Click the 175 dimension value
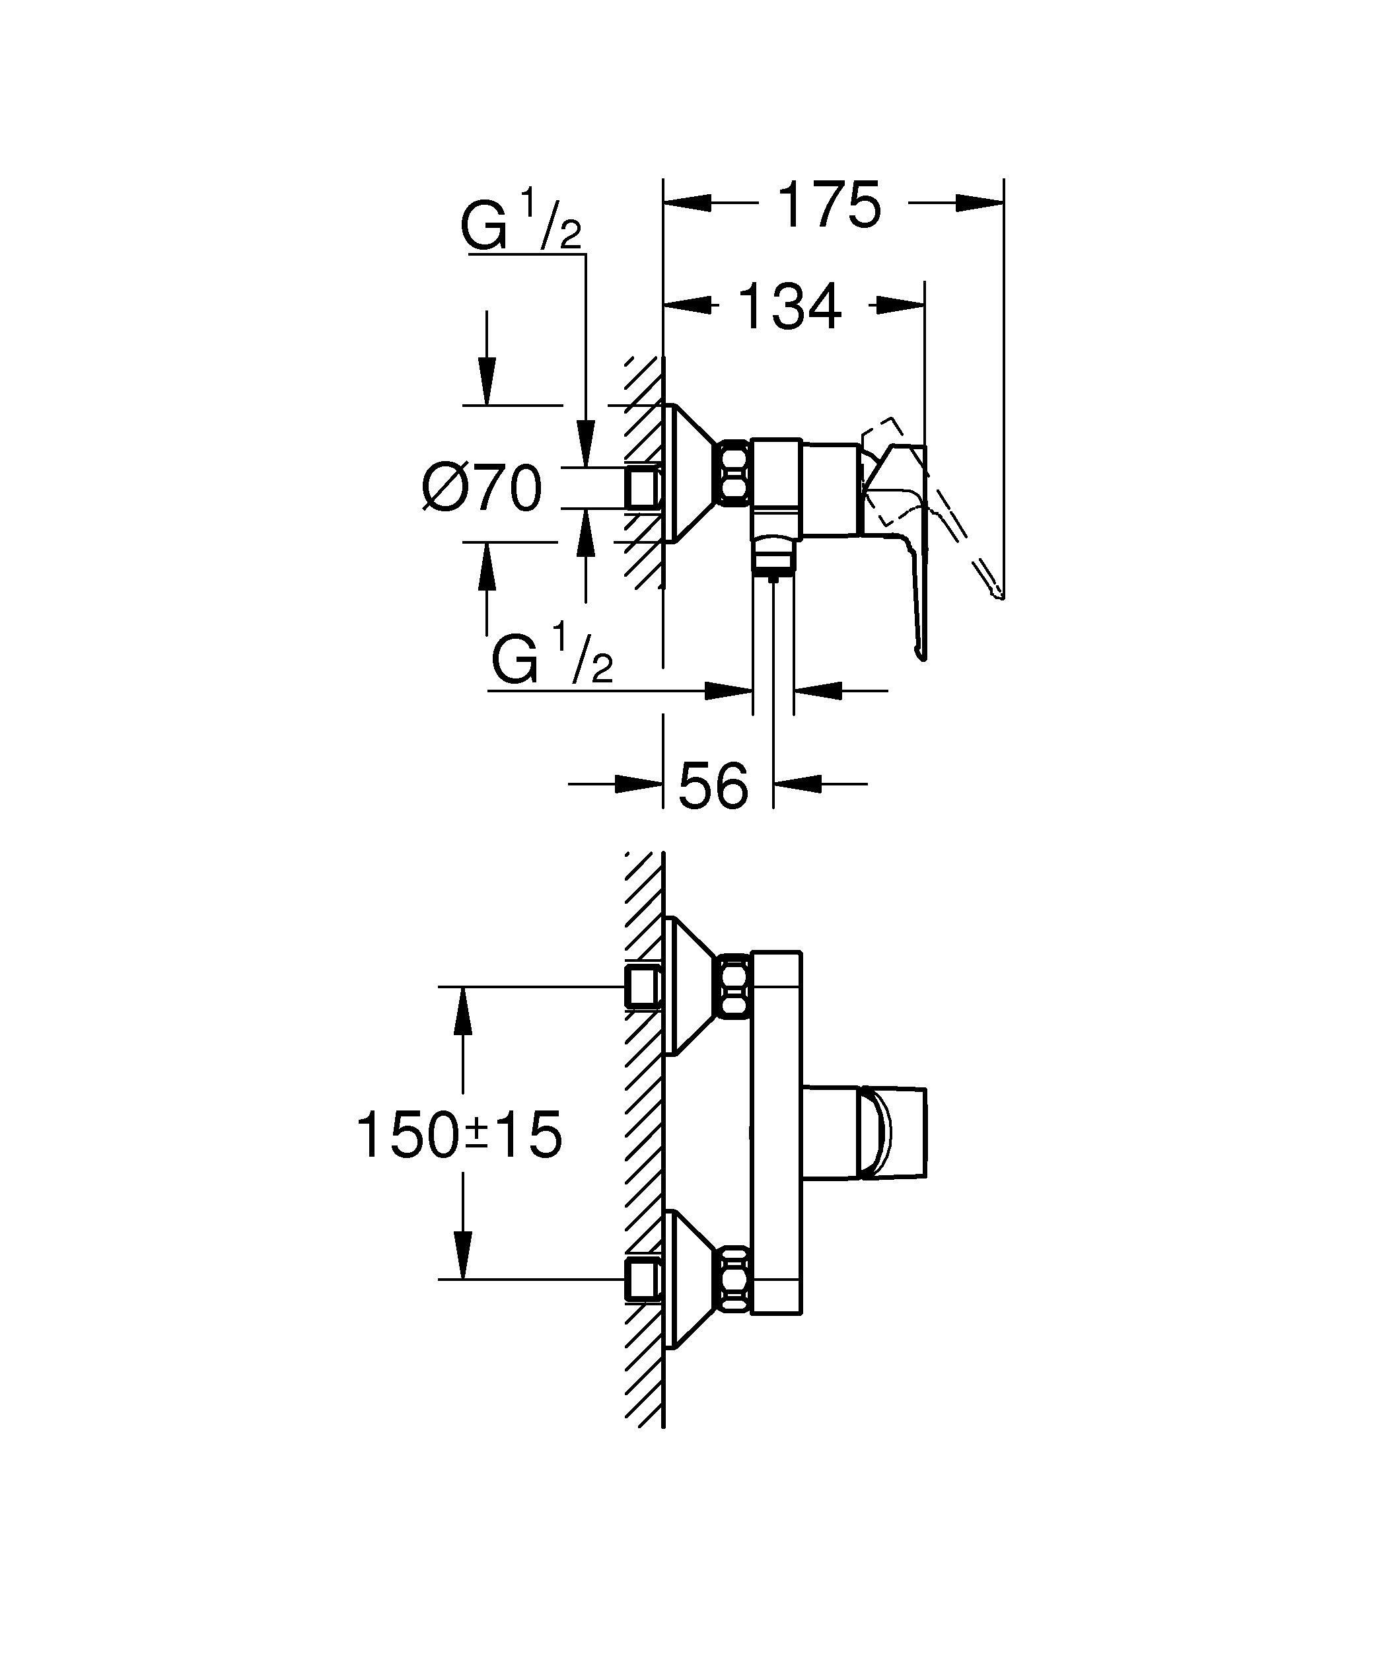pyautogui.click(x=830, y=205)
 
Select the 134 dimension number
pyautogui.click(x=789, y=307)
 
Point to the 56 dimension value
pyautogui.click(x=713, y=785)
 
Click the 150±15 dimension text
pyautogui.click(x=460, y=1135)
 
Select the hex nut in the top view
pyautogui.click(x=734, y=474)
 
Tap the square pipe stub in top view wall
pyautogui.click(x=643, y=486)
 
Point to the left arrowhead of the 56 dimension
pyautogui.click(x=639, y=784)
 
